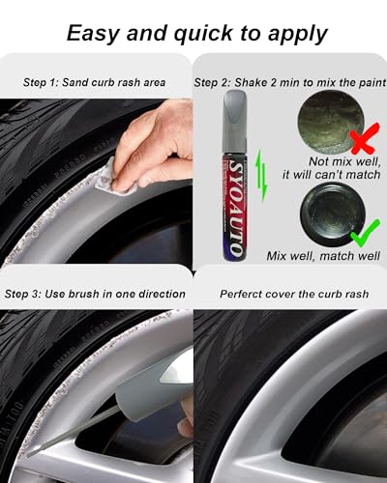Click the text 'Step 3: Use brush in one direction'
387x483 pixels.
(95, 293)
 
